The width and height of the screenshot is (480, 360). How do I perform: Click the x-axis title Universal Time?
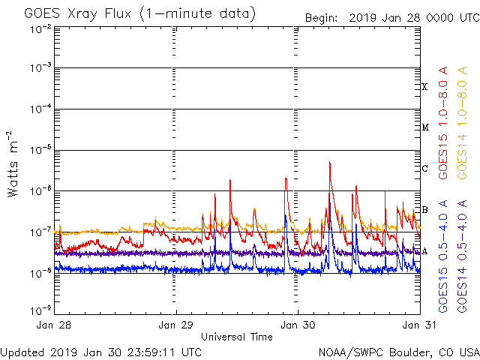point(236,337)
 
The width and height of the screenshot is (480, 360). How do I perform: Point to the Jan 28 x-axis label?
point(54,325)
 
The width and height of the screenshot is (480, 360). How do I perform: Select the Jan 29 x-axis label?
point(175,325)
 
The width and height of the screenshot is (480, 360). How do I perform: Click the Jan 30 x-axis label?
point(297,325)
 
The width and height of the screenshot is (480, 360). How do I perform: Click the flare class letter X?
point(424,87)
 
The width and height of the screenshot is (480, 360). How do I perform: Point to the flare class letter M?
point(424,127)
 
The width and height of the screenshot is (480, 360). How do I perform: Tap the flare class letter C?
point(424,168)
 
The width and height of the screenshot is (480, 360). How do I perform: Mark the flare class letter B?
point(424,209)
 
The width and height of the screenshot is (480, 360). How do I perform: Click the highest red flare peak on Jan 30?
point(329,162)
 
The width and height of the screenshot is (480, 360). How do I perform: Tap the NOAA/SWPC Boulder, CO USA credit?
point(398,352)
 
